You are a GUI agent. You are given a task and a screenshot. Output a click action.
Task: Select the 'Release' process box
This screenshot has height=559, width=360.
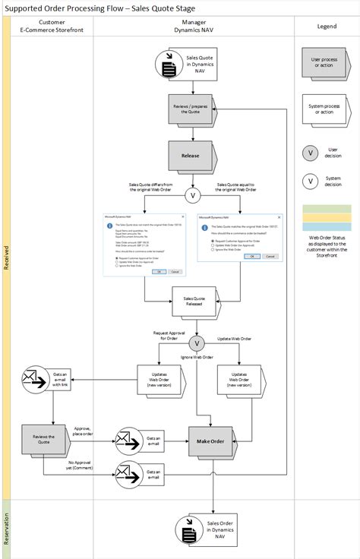[191, 156]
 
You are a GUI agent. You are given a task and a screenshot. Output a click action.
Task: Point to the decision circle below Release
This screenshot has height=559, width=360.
[194, 196]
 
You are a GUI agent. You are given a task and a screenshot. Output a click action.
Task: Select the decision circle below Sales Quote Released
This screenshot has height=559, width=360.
[197, 344]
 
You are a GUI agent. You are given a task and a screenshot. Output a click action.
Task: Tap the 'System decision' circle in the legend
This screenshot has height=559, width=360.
[310, 181]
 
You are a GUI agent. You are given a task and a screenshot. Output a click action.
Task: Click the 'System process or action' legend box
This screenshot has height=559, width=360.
[326, 106]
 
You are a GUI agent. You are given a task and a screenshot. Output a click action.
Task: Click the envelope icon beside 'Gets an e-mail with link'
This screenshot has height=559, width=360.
[34, 379]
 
